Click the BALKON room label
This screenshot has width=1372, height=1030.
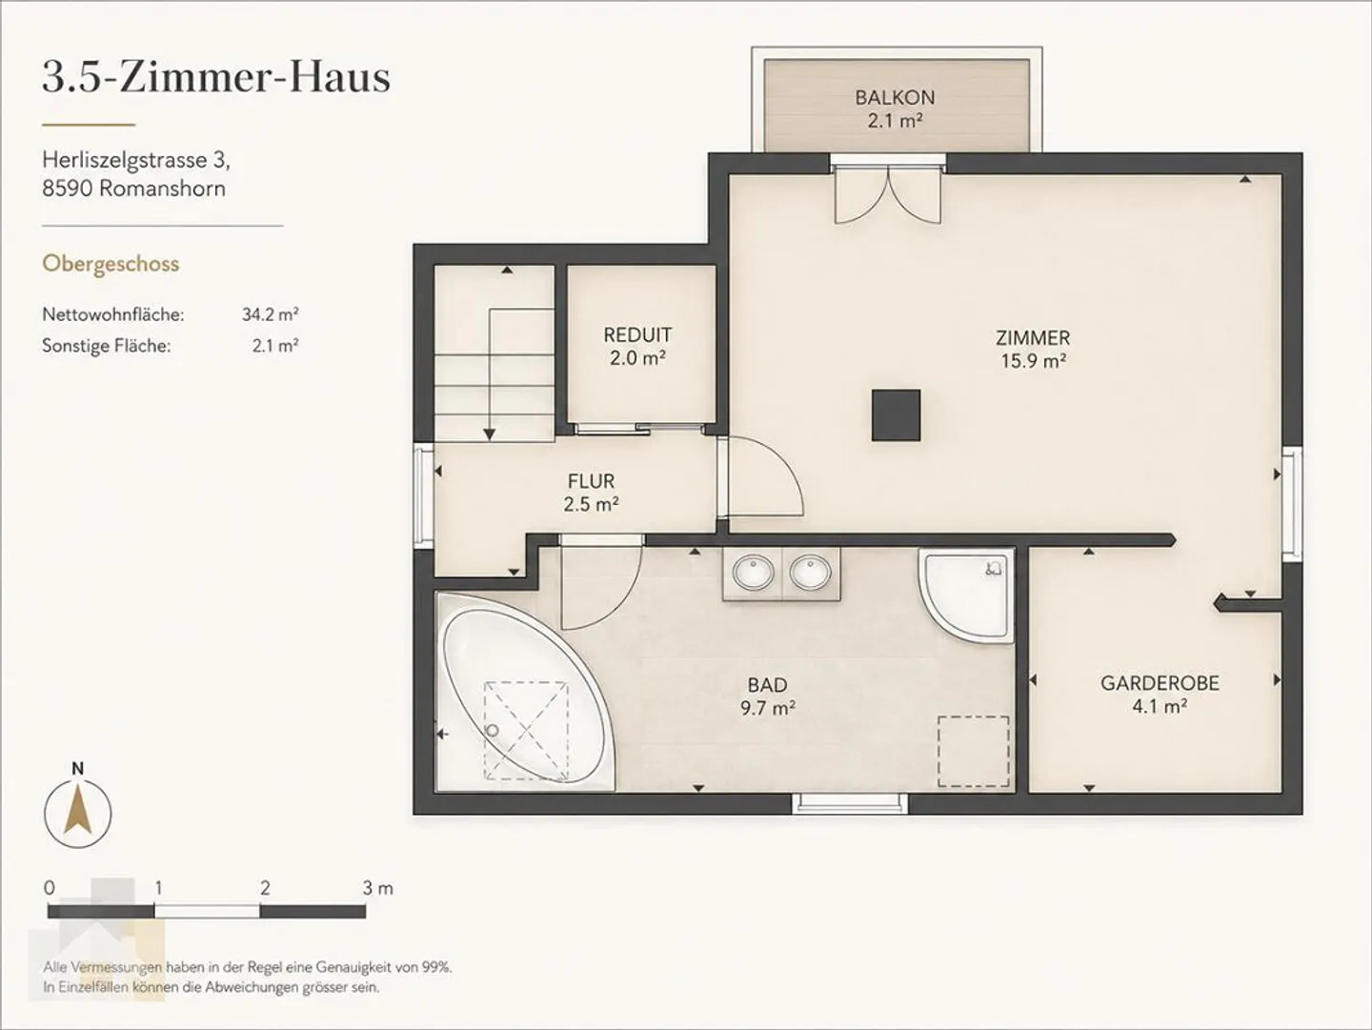click(x=895, y=97)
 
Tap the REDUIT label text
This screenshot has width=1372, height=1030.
click(x=637, y=335)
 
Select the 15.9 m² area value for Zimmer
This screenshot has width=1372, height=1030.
click(x=1033, y=361)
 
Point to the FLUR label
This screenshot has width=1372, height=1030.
click(x=591, y=481)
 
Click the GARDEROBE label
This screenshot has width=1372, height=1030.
click(x=1160, y=683)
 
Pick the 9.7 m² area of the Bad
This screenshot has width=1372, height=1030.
click(x=768, y=709)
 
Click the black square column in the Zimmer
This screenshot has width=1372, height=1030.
click(x=897, y=415)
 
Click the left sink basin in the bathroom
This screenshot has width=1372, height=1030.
click(x=754, y=572)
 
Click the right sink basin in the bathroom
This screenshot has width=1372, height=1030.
click(x=810, y=572)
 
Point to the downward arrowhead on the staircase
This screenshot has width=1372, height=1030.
click(x=490, y=434)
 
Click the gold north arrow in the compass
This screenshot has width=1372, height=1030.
click(x=78, y=812)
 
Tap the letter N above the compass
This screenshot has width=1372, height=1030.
click(x=77, y=769)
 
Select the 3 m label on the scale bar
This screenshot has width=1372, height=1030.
click(x=377, y=888)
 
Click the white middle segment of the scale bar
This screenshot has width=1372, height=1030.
click(x=207, y=911)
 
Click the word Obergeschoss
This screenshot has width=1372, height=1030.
click(x=111, y=264)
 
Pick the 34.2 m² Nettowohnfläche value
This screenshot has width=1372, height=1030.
click(x=270, y=313)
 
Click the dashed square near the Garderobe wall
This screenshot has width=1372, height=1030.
click(x=973, y=752)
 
